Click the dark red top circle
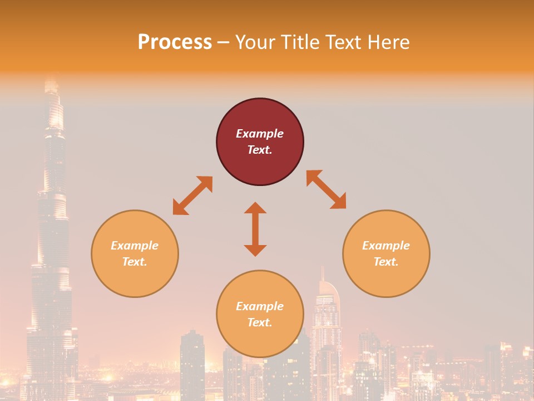point(260,141)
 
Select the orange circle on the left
point(135,253)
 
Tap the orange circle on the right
point(386,253)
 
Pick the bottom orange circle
point(260,314)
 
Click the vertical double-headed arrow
point(255,229)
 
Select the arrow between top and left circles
point(192,195)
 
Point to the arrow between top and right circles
point(327,189)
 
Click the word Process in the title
point(175,42)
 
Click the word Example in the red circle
point(260,134)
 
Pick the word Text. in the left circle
point(135,262)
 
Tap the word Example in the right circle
point(386,246)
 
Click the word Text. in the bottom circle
point(260,322)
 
